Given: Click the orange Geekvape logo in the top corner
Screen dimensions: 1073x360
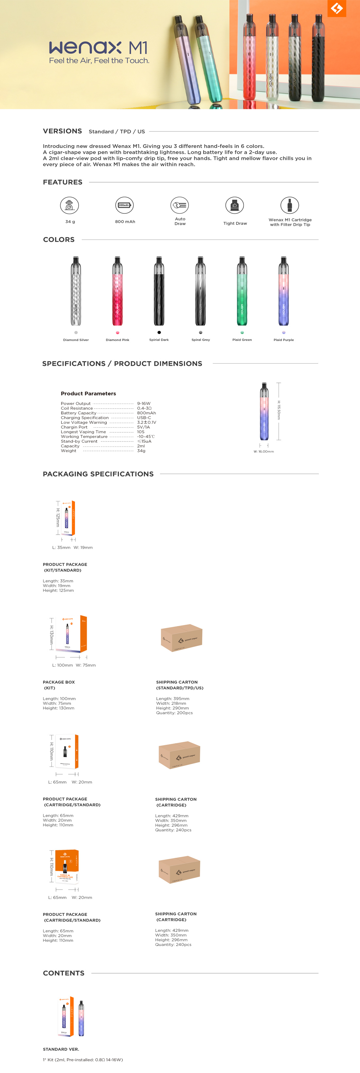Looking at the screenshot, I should point(337,8).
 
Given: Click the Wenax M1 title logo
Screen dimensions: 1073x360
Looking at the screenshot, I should point(98,48).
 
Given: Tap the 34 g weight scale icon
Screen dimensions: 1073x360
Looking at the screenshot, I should point(70,205).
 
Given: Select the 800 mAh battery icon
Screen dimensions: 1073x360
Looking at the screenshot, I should point(125,205).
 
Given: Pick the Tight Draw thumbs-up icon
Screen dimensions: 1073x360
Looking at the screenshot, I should point(235,205).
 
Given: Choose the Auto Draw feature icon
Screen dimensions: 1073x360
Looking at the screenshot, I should point(180,205).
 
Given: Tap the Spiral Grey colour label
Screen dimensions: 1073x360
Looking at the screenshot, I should point(200,340).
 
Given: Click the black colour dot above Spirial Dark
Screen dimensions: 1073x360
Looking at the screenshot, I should point(159,332).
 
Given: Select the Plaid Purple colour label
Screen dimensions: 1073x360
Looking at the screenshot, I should point(284,340).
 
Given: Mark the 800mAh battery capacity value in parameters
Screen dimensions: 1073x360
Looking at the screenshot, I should point(146,413).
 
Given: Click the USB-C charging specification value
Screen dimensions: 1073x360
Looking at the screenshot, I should point(144,417).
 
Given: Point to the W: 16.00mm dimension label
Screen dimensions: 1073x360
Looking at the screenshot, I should point(264,452).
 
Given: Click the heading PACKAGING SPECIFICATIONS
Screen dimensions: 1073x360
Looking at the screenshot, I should point(98,474).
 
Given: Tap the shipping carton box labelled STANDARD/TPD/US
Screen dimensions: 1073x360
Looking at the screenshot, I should point(182,637).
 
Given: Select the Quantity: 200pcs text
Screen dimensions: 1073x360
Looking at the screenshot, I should point(174,713).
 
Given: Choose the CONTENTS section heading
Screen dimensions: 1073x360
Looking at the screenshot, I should point(64,973).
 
